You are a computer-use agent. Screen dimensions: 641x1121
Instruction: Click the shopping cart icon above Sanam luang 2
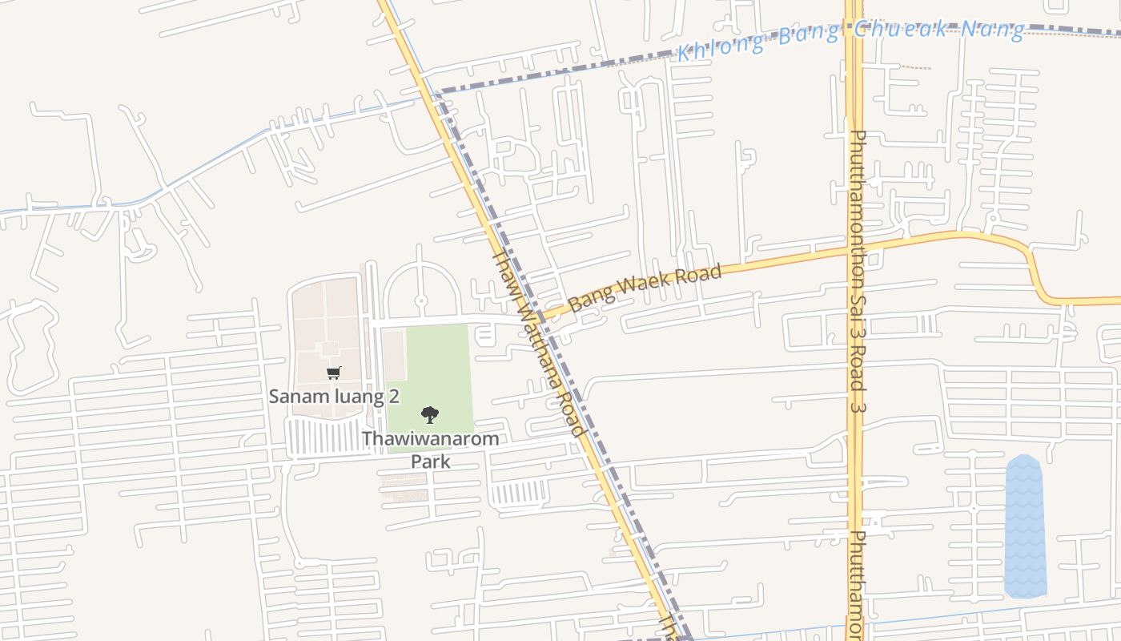tap(334, 373)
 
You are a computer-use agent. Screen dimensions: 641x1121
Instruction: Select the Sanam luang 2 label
tap(334, 396)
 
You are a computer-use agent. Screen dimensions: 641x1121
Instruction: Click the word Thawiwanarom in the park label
tap(430, 439)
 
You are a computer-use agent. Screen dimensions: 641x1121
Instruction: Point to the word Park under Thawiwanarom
tap(431, 462)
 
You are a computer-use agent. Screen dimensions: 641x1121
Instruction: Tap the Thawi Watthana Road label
tap(537, 343)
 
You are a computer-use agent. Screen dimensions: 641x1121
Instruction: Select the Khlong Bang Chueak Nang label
tap(850, 37)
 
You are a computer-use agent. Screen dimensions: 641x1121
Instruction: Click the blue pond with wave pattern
tap(1026, 526)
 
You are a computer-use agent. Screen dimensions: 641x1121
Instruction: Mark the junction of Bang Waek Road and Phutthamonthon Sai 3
tap(854, 250)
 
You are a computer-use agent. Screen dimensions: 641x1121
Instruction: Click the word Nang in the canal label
tap(993, 30)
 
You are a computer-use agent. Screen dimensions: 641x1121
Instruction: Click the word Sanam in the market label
tap(293, 396)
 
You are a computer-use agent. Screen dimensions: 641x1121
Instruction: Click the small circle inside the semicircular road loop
tap(421, 300)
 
